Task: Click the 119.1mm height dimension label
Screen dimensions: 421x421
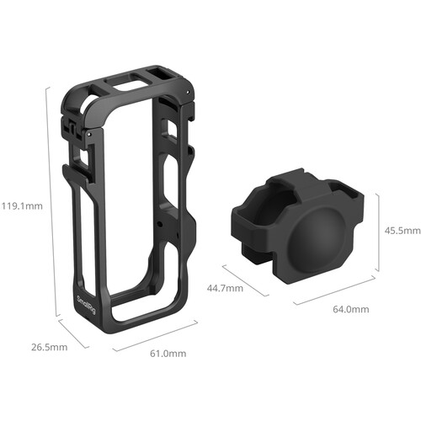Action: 22,206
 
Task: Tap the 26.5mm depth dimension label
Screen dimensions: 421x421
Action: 49,347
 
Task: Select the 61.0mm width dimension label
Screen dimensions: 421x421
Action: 168,354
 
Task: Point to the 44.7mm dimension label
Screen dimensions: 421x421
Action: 225,288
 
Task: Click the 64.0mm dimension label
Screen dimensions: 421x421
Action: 351,309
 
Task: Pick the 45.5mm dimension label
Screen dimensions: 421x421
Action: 402,231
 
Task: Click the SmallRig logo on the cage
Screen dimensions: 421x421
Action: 87,305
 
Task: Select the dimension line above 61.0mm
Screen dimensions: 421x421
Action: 155,335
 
